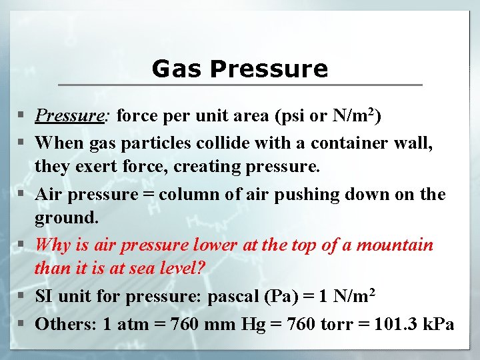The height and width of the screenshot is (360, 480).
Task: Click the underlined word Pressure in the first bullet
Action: click(69, 116)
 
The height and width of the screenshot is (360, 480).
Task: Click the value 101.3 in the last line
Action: click(397, 325)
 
